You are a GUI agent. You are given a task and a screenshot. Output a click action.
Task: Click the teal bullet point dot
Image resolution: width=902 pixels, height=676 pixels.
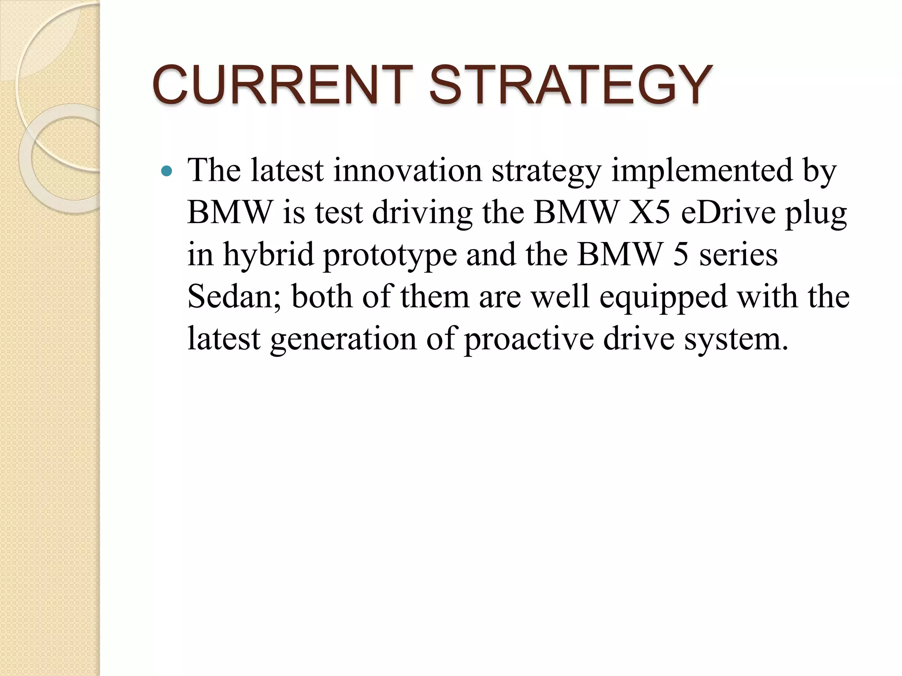point(166,171)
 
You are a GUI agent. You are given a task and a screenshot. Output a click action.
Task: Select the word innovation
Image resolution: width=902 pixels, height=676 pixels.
point(407,170)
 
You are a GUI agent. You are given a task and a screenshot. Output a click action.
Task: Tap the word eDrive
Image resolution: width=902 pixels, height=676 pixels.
point(728,213)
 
